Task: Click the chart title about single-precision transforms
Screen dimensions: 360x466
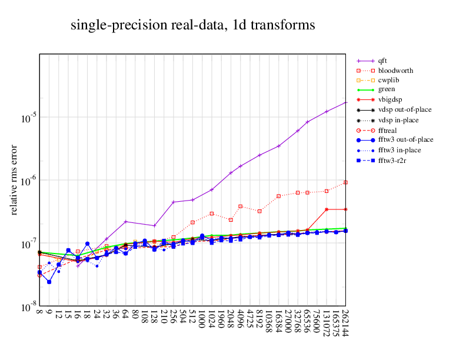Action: click(x=192, y=25)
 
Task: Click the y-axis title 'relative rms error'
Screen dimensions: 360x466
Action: click(x=15, y=179)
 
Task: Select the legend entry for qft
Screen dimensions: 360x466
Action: click(x=382, y=60)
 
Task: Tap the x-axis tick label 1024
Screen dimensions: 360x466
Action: click(x=212, y=321)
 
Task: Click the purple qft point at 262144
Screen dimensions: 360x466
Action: click(x=345, y=102)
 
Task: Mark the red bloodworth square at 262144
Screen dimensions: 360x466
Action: click(x=345, y=182)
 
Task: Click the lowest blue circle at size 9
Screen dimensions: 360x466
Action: click(x=49, y=282)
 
